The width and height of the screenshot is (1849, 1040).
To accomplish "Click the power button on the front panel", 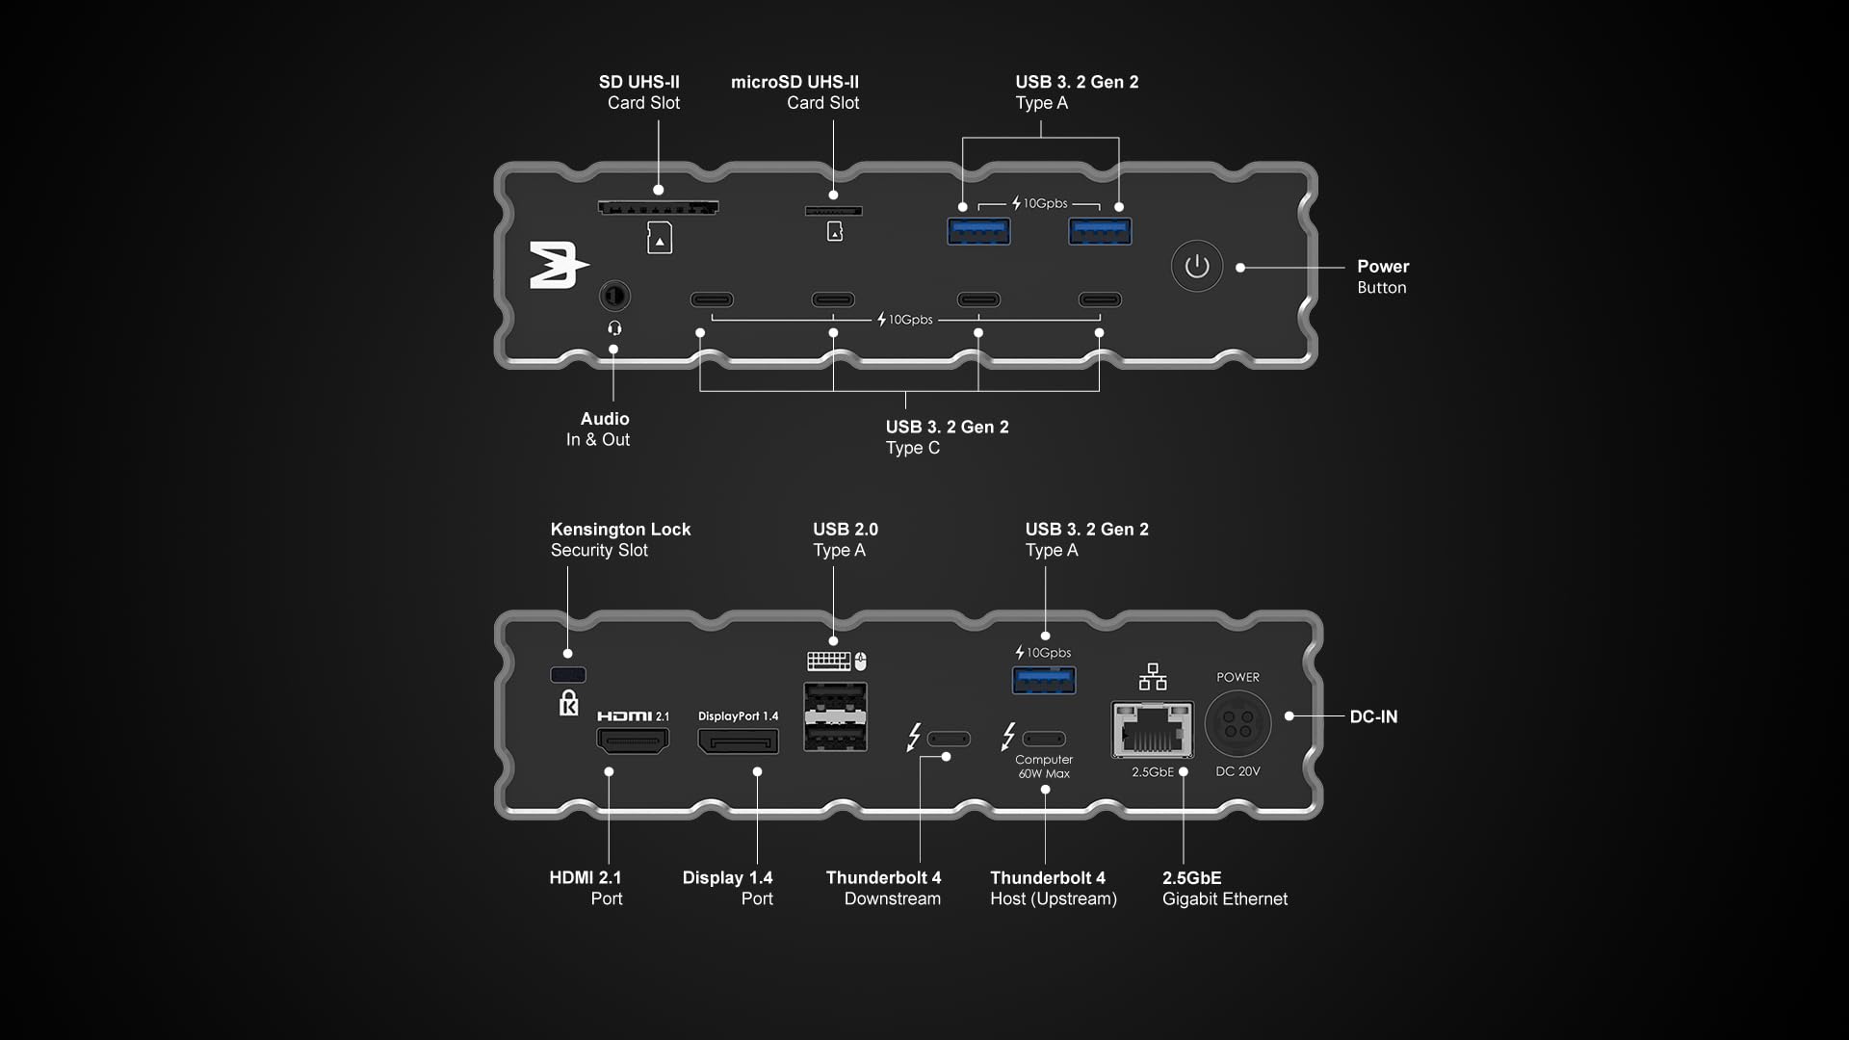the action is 1197,266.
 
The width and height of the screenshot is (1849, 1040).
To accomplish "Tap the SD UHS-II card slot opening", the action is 658,207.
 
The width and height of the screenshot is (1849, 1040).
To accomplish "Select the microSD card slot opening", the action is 833,211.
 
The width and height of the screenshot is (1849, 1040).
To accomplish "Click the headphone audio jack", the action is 614,295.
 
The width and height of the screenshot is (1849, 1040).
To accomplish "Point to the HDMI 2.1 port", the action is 633,741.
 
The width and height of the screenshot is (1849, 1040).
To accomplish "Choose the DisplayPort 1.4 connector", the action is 739,741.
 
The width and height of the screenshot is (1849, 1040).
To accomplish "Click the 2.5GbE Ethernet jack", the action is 1152,730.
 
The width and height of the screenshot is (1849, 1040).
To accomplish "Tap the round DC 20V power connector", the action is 1237,723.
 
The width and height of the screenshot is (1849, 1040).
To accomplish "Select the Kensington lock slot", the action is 567,675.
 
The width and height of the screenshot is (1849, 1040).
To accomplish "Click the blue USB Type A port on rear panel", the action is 1044,680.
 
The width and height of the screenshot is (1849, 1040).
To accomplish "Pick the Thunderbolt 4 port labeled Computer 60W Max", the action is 1044,739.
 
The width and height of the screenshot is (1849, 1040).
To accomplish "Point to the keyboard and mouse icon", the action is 837,661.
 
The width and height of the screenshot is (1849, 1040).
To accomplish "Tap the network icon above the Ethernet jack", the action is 1153,677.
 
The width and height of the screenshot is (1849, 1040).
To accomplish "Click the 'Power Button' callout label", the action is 1383,276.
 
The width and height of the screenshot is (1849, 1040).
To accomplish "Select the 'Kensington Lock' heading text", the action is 620,529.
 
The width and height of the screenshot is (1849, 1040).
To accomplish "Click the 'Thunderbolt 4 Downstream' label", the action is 883,888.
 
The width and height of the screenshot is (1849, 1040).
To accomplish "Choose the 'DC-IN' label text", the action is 1373,716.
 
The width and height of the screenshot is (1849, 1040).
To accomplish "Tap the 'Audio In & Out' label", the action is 598,429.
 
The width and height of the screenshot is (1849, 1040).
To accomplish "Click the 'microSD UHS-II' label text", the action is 794,82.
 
